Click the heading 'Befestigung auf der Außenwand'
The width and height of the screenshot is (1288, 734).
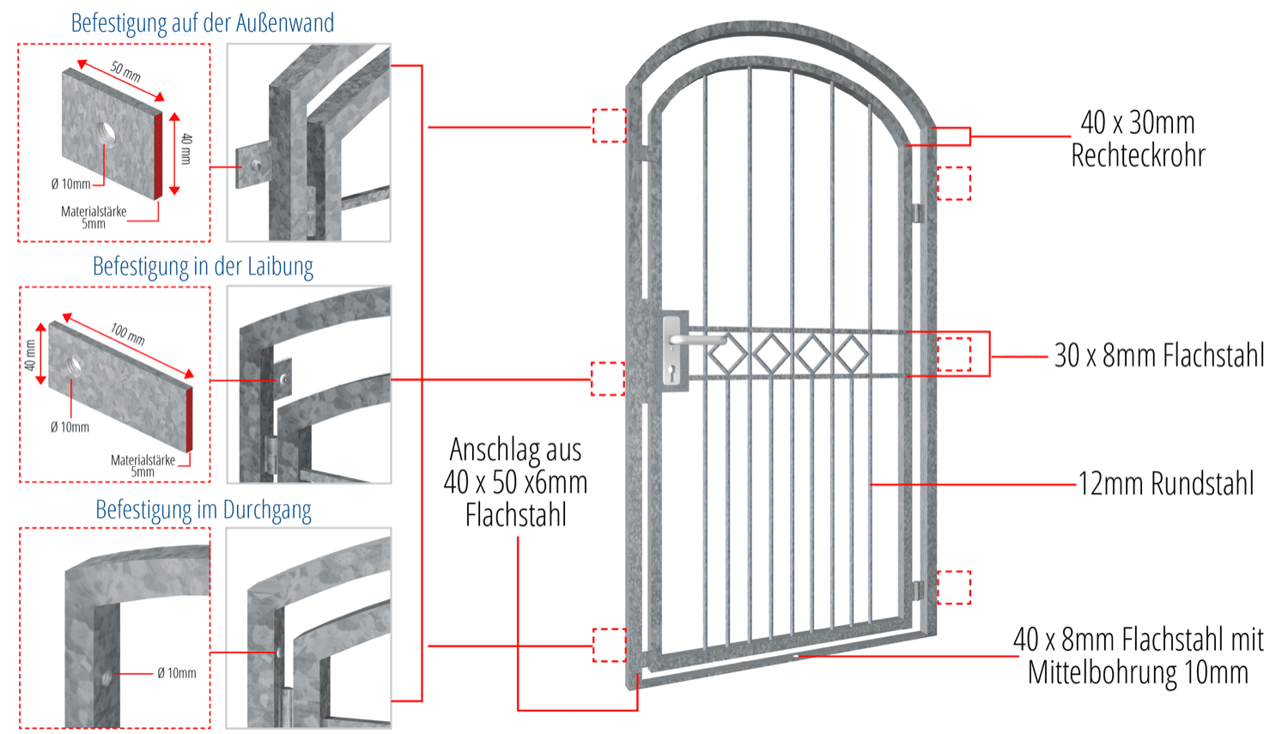[x=203, y=23]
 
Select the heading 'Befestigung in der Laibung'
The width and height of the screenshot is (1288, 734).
[x=203, y=267]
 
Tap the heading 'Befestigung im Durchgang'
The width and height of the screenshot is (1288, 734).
[x=204, y=511]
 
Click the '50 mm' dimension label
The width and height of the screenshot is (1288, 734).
[x=125, y=71]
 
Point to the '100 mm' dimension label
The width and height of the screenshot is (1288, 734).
[x=128, y=334]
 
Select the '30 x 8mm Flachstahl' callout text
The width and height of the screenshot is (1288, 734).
[x=1158, y=355]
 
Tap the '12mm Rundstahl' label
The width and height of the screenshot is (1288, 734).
[x=1166, y=484]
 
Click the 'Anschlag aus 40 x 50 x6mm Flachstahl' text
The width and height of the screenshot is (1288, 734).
[x=516, y=482]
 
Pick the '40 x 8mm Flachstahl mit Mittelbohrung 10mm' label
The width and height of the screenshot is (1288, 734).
[x=1139, y=656]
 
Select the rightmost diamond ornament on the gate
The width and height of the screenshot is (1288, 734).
[x=852, y=353]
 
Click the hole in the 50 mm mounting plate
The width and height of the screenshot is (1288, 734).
[x=107, y=133]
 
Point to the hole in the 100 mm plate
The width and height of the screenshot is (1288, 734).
[x=73, y=365]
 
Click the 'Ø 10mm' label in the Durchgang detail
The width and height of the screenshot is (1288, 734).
[x=177, y=674]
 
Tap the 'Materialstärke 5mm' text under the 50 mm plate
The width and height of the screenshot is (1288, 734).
[x=94, y=217]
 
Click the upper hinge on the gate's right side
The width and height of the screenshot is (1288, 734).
[x=916, y=212]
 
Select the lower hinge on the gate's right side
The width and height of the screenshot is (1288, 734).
[x=918, y=591]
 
